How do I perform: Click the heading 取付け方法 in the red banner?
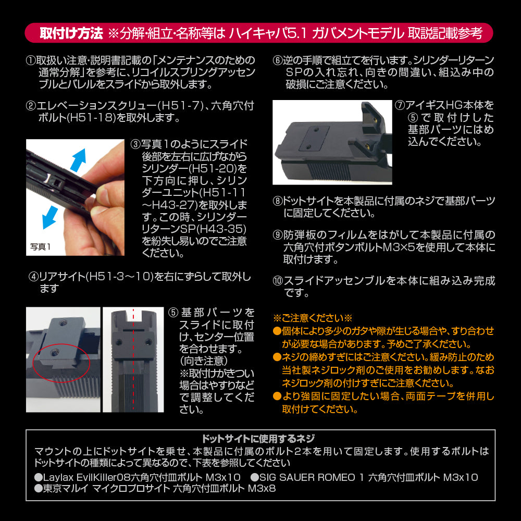pos(71,33)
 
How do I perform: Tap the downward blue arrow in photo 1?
pos(49,216)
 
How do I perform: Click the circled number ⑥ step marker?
pos(278,59)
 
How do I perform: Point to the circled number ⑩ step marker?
pos(278,281)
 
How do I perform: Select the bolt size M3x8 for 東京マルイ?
pos(262,489)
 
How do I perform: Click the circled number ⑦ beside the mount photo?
pos(400,106)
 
